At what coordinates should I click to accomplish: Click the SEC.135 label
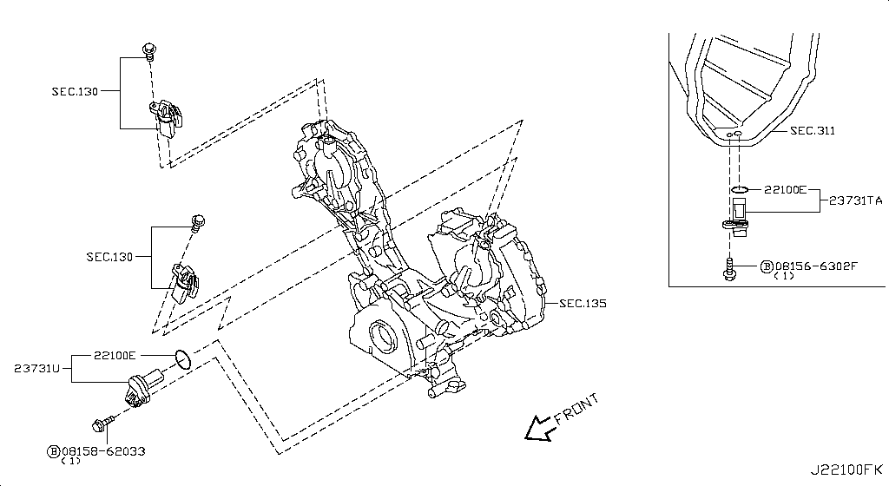coord(582,304)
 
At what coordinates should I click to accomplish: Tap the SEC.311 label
coord(812,131)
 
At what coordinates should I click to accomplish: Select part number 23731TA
coord(855,201)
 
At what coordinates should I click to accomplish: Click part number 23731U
coord(37,369)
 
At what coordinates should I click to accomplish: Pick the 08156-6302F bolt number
coord(814,266)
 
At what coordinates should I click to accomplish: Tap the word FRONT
coord(575,410)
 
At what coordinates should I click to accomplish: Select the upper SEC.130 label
coord(76,89)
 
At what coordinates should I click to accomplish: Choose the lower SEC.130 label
coord(109,257)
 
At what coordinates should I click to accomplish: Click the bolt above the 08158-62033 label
coord(98,424)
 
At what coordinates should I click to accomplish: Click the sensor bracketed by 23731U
coord(142,386)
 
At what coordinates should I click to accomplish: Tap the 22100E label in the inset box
coord(786,188)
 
